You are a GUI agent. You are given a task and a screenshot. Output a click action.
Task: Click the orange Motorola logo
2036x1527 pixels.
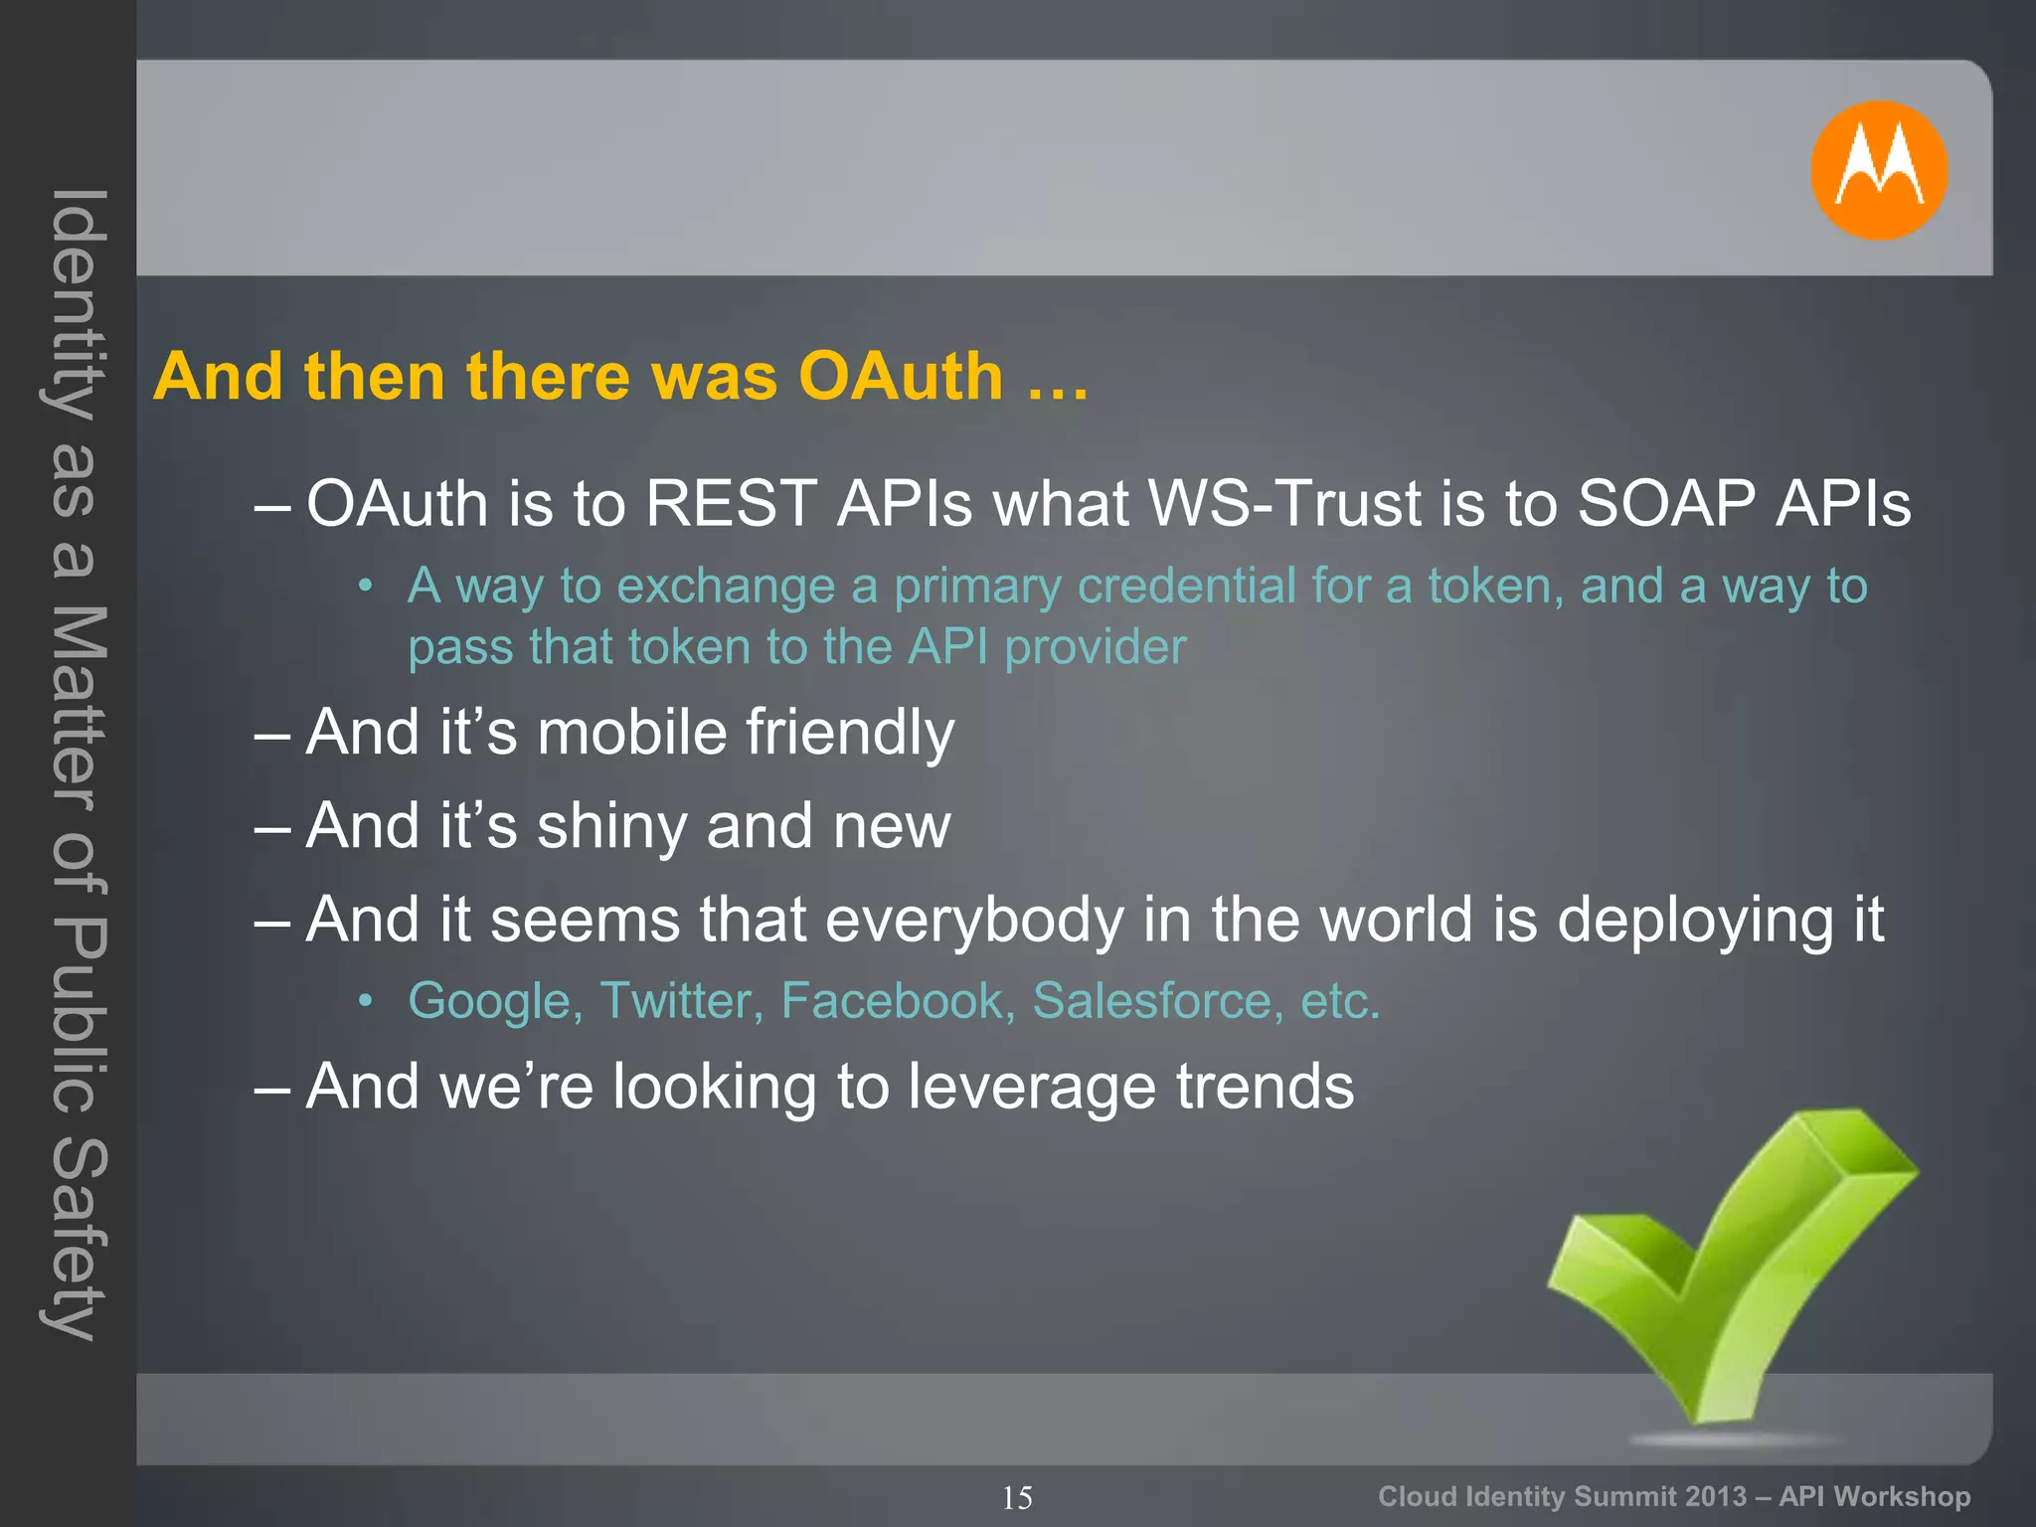(1878, 170)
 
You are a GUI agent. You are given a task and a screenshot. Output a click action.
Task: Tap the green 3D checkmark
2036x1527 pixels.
(1735, 1282)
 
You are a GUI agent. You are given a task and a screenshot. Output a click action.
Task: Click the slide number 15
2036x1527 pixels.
(1017, 1497)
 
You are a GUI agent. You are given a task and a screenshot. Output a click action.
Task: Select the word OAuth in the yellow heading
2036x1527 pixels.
(901, 377)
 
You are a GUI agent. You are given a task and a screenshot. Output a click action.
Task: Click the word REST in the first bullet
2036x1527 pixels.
(731, 503)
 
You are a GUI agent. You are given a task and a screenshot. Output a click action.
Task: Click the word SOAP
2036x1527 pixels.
(1666, 503)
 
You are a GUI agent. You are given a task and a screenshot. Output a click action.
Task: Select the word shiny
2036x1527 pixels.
(611, 827)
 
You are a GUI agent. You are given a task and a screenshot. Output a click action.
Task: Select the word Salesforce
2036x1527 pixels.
(1151, 1001)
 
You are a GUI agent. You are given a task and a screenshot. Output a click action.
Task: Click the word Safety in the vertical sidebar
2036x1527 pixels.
(76, 1238)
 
